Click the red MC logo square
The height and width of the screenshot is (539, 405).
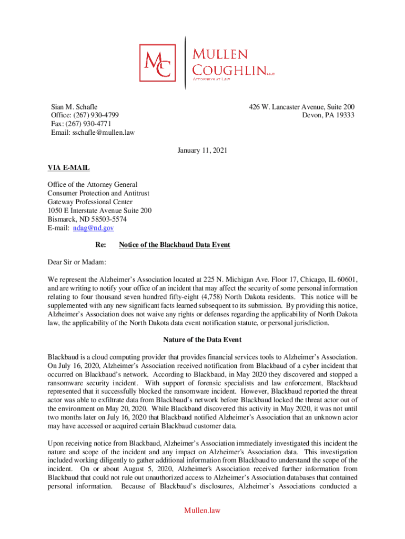pos(158,63)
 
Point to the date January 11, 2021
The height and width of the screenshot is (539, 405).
pos(202,151)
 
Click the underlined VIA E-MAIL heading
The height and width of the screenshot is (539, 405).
pos(68,168)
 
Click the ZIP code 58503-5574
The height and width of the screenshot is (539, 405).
pos(108,219)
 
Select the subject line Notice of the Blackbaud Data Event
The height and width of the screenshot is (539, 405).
pos(175,245)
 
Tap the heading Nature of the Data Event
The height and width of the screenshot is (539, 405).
pos(202,340)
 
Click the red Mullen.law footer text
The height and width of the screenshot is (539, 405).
pos(202,510)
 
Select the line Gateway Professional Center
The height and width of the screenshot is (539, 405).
pos(90,202)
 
